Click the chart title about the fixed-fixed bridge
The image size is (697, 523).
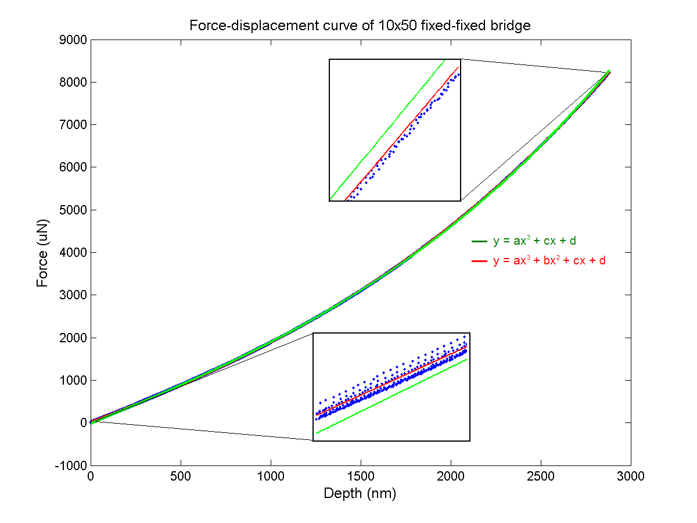click(x=360, y=26)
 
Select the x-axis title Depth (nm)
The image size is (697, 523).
click(x=360, y=494)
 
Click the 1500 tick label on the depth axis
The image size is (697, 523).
click(x=361, y=477)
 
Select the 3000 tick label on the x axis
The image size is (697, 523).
click(x=631, y=477)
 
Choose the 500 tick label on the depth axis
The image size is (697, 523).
click(x=181, y=477)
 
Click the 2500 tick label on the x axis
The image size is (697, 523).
click(x=541, y=477)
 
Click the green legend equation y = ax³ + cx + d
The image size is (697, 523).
click(x=534, y=241)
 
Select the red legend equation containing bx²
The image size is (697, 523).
click(x=549, y=261)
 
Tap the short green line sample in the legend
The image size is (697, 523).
click(x=479, y=241)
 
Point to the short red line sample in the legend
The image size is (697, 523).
click(x=479, y=261)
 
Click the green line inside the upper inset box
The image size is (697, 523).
click(x=386, y=130)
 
